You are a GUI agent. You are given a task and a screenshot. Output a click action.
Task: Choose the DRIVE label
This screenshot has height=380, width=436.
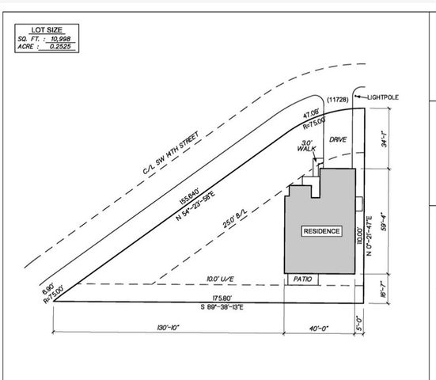339,139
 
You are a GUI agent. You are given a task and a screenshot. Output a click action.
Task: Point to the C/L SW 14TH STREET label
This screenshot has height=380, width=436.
175,149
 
